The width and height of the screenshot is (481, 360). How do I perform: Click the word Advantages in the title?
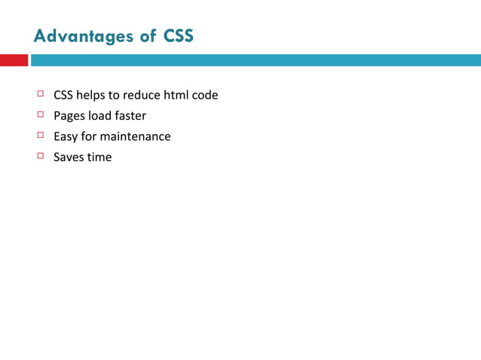coord(84,36)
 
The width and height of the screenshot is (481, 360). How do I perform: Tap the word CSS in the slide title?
coord(179,36)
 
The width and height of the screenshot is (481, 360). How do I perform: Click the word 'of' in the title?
coord(149,36)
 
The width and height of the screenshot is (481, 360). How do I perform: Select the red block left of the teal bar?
coord(14,60)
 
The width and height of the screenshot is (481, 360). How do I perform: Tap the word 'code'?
coord(205,96)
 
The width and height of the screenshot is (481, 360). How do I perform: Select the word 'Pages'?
coord(69,117)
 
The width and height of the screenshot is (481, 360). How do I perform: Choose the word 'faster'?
coord(131,116)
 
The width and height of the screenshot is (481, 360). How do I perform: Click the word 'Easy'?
coord(66,137)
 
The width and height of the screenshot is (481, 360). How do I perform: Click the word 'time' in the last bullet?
coord(100,157)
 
